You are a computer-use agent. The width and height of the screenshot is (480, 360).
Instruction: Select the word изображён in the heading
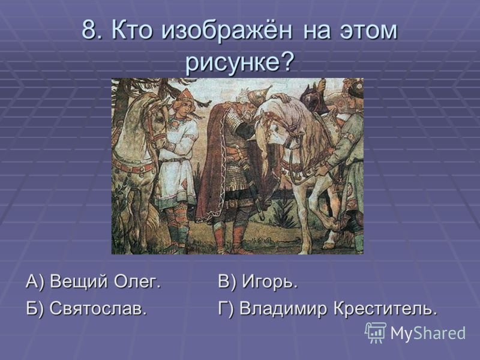point(227,31)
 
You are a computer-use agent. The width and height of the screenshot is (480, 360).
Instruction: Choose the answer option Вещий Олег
point(106,281)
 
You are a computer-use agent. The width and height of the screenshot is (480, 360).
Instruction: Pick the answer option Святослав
point(98,308)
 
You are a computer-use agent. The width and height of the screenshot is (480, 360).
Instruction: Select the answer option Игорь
point(270,282)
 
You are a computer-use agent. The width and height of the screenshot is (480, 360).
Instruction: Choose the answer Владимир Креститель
point(338,308)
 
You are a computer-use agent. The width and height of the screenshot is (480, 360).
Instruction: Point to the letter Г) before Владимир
point(226,309)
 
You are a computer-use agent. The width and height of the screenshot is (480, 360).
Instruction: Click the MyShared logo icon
point(376,333)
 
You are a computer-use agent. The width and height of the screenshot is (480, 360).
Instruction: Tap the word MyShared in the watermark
point(428,332)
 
